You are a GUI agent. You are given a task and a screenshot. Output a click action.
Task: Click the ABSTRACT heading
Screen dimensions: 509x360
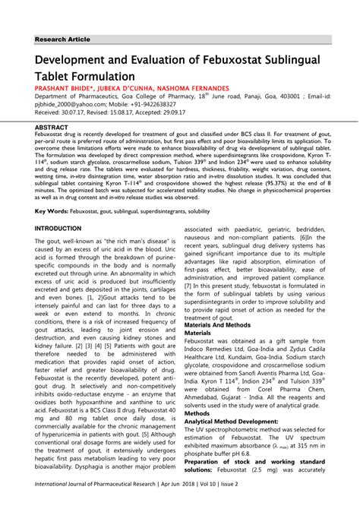52,128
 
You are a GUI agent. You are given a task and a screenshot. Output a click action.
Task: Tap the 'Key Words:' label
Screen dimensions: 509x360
52,210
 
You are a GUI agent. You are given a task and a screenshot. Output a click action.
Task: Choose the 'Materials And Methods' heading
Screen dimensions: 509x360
224,324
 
